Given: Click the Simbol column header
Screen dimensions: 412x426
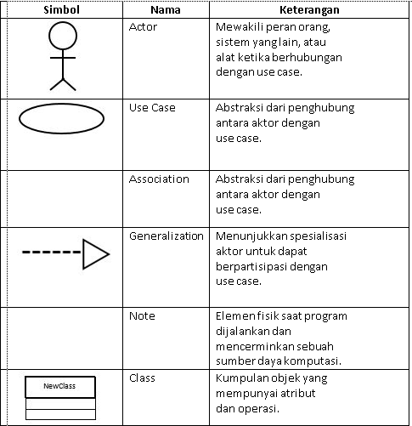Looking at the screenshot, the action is (62, 11).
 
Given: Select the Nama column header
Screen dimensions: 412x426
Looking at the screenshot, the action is (164, 11).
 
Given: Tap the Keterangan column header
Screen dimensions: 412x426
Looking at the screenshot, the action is (308, 11).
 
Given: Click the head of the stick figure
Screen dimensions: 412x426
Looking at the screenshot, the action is (62, 37).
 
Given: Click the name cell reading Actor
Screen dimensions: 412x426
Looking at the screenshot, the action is (143, 27).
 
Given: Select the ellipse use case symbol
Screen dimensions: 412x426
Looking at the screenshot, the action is (61, 120).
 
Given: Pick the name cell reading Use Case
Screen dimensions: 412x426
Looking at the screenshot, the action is (151, 108).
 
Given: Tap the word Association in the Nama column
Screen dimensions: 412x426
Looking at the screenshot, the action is (159, 179).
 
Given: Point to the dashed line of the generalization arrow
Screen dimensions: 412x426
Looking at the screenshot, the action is (52, 253).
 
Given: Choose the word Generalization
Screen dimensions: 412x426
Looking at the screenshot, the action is (166, 236).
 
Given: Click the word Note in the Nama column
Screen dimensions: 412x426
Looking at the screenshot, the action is (142, 315).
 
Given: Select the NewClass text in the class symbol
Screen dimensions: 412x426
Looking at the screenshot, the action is (60, 386).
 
